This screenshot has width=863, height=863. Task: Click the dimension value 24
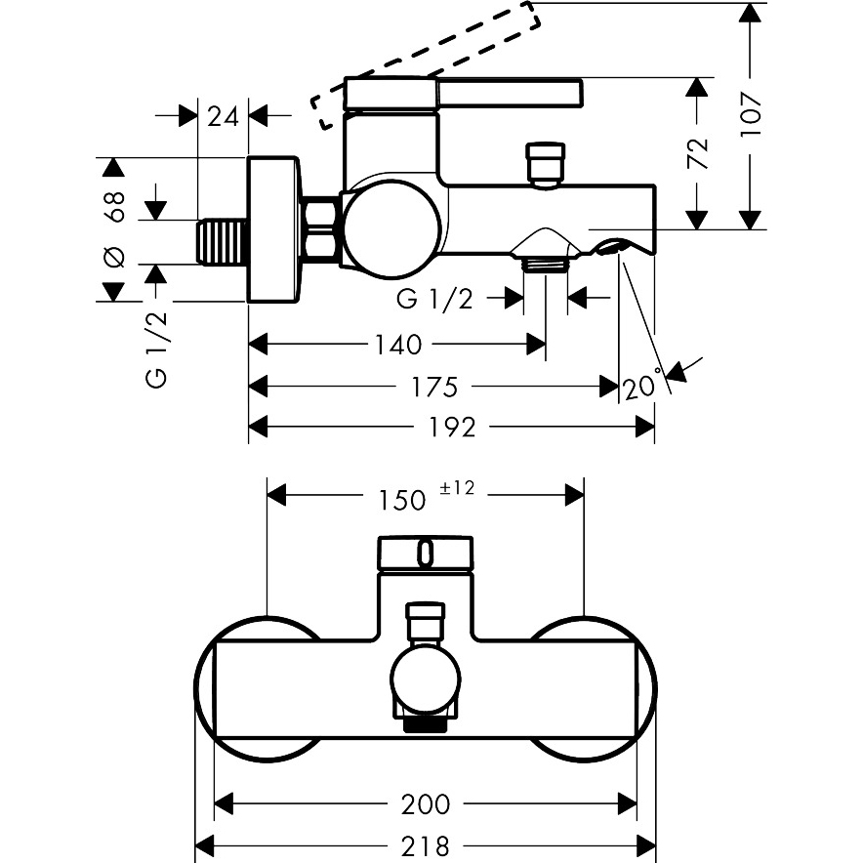click(x=224, y=116)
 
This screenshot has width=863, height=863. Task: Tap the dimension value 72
click(x=696, y=153)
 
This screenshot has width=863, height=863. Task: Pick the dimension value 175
click(x=433, y=387)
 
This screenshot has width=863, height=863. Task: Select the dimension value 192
click(x=452, y=427)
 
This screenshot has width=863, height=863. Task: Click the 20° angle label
click(x=642, y=388)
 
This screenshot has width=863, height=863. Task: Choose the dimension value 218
click(x=426, y=844)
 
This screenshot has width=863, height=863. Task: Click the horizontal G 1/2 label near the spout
click(x=434, y=299)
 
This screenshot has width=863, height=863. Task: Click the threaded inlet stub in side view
click(x=223, y=241)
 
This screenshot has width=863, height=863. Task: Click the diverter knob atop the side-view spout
click(x=545, y=162)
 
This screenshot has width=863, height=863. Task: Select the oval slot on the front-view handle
click(x=425, y=555)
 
